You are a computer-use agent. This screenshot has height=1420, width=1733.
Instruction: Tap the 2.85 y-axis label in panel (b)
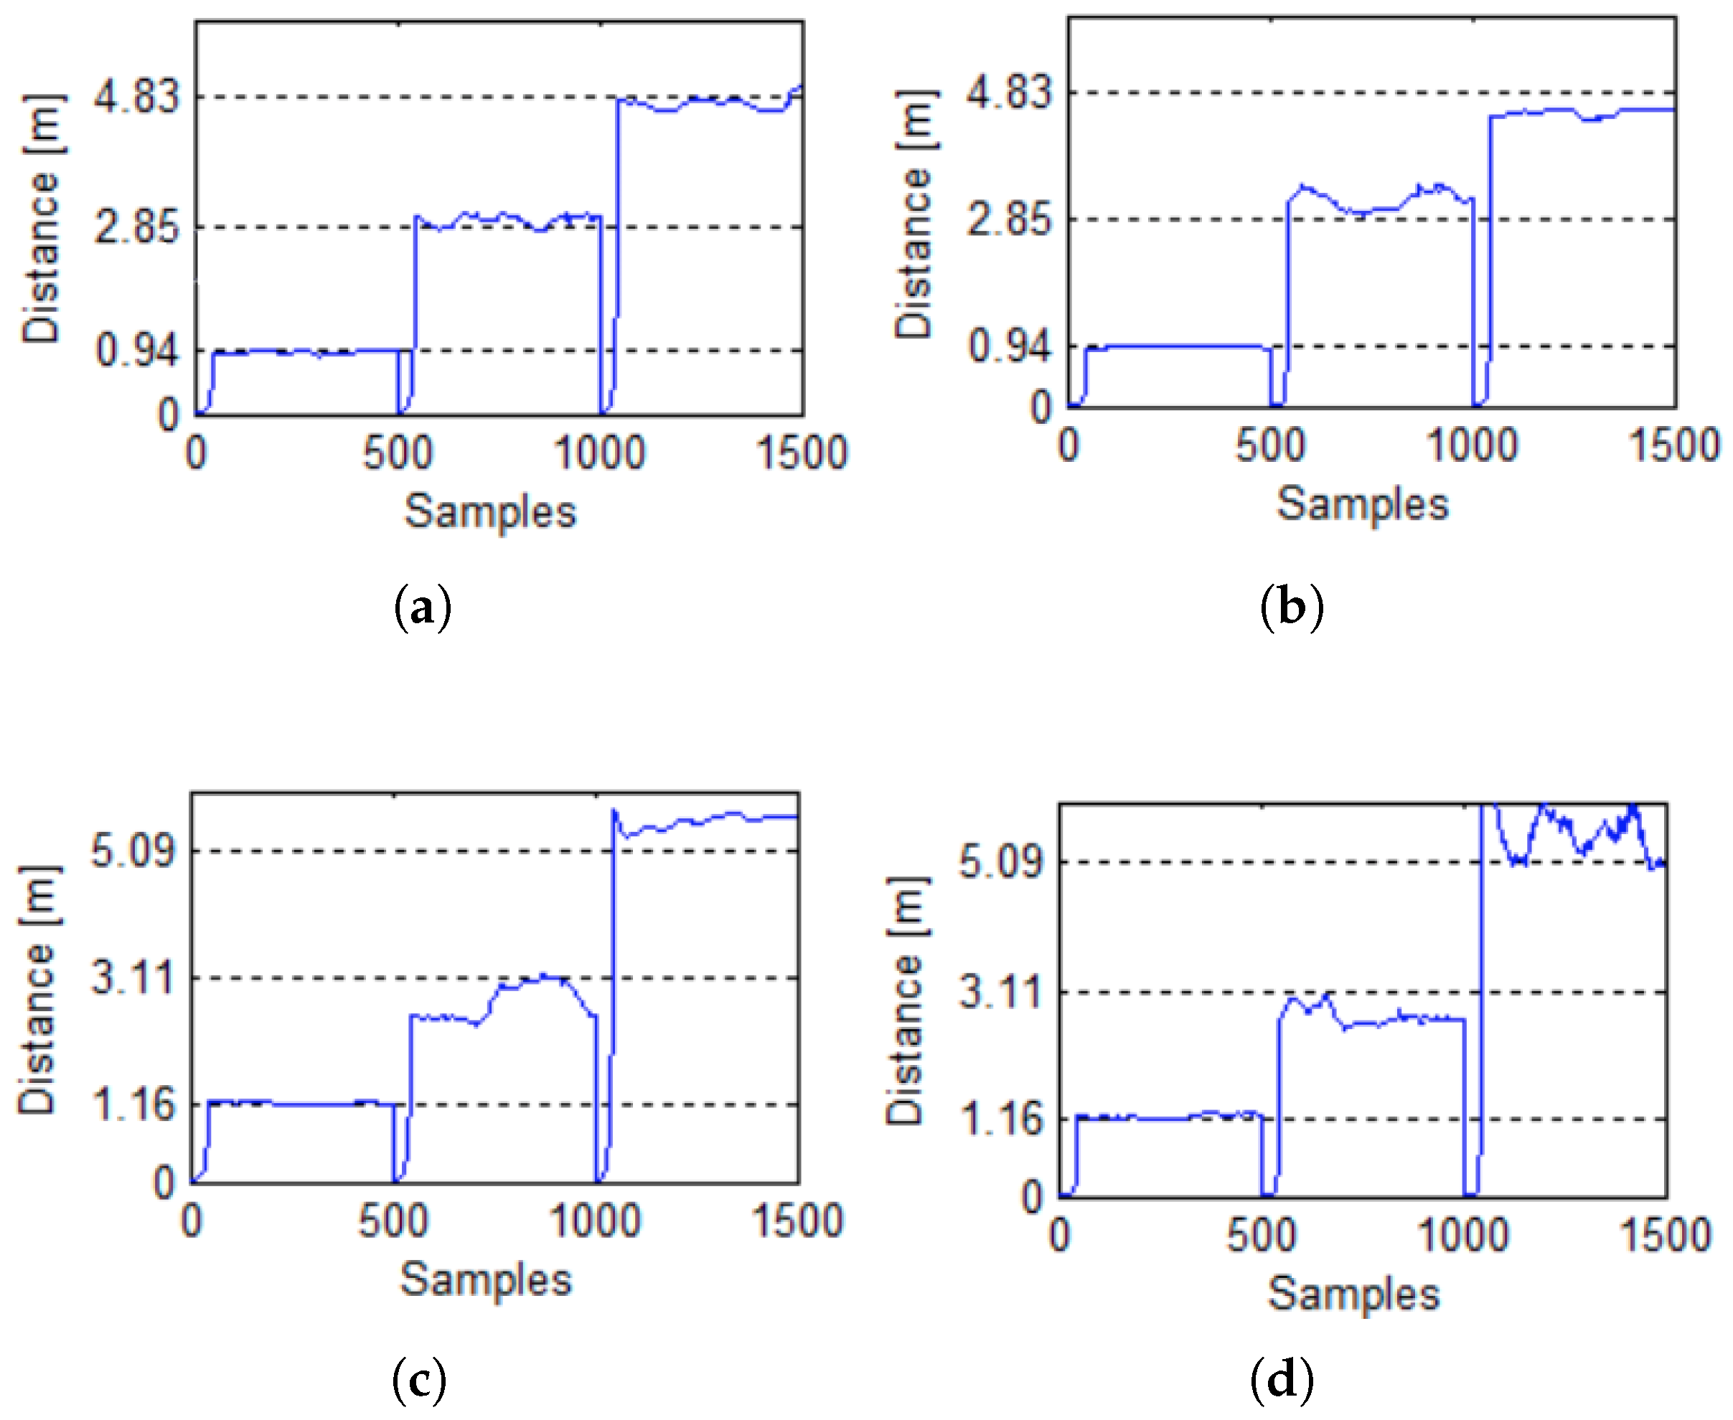[1009, 219]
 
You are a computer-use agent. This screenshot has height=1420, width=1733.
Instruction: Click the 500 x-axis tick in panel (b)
[1270, 446]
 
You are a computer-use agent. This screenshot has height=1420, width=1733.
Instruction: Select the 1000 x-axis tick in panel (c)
[595, 1221]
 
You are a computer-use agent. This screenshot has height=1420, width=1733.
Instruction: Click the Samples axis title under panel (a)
[490, 513]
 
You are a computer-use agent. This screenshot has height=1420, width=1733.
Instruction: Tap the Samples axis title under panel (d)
[1353, 1294]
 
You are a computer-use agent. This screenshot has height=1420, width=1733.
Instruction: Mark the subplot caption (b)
[1292, 607]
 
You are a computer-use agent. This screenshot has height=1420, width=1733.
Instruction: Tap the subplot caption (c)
[419, 1379]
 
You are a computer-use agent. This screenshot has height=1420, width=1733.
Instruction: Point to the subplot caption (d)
[1282, 1379]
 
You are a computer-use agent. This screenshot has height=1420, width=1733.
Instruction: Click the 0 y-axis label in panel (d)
[1033, 1198]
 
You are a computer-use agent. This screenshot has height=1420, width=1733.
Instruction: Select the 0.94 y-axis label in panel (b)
[1009, 346]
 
